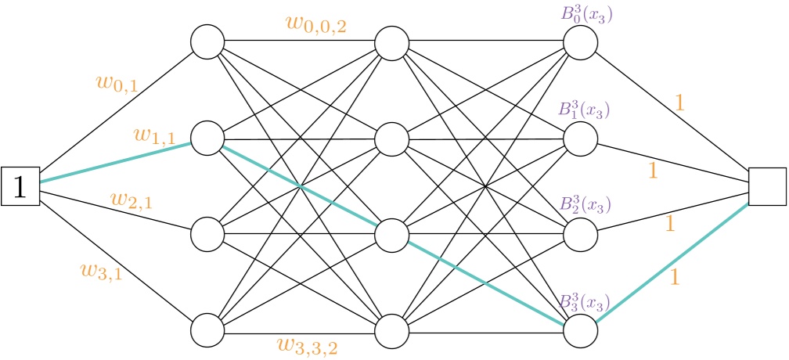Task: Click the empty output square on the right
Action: tap(767, 185)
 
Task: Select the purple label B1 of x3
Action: tap(584, 110)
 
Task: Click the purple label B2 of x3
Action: tap(584, 205)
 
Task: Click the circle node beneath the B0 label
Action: tap(580, 43)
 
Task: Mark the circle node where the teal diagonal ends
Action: tap(580, 329)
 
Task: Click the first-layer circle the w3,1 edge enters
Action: tap(207, 329)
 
